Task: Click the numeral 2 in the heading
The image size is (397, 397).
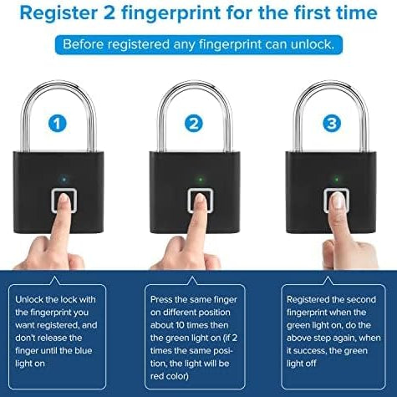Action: click(109, 13)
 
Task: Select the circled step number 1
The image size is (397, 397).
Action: click(58, 123)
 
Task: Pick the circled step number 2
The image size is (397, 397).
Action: click(194, 123)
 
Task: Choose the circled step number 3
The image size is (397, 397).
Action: click(332, 123)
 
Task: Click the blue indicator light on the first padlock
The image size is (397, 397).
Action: click(64, 179)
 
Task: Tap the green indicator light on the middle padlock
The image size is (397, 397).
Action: click(201, 179)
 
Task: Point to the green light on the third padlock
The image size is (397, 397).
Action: click(337, 179)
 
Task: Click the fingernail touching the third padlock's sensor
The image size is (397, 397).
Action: click(339, 201)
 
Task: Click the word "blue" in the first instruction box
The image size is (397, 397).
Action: click(83, 350)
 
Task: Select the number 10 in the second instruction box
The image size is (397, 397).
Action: click(181, 325)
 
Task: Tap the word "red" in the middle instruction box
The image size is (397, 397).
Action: click(156, 376)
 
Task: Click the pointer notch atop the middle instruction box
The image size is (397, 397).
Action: click(192, 281)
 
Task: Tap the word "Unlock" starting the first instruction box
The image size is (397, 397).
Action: click(29, 299)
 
